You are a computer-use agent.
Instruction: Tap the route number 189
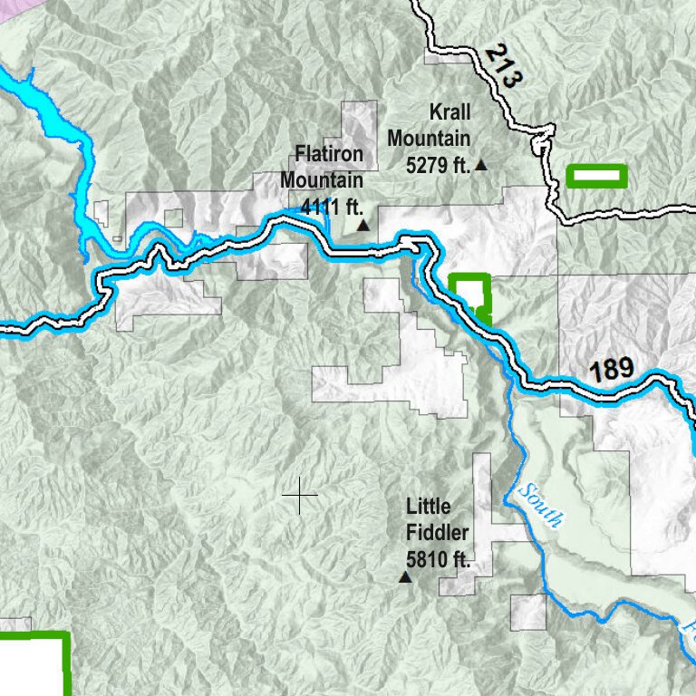click(x=613, y=369)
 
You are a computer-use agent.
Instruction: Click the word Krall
click(x=449, y=112)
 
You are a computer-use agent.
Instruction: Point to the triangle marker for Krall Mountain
click(x=481, y=165)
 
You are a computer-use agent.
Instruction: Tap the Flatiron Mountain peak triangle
click(x=362, y=225)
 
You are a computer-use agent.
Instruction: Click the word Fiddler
click(x=438, y=532)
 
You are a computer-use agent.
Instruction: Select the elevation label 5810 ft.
click(x=437, y=559)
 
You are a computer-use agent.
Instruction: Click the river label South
click(x=541, y=506)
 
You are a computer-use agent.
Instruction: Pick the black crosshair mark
click(x=299, y=497)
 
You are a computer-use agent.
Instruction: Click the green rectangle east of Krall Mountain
click(x=596, y=176)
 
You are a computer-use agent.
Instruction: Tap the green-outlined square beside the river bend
click(x=469, y=293)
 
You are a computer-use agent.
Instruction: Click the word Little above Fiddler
click(x=429, y=506)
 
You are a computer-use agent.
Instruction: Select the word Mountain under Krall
click(x=430, y=139)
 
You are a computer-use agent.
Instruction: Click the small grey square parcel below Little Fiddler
click(x=528, y=613)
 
